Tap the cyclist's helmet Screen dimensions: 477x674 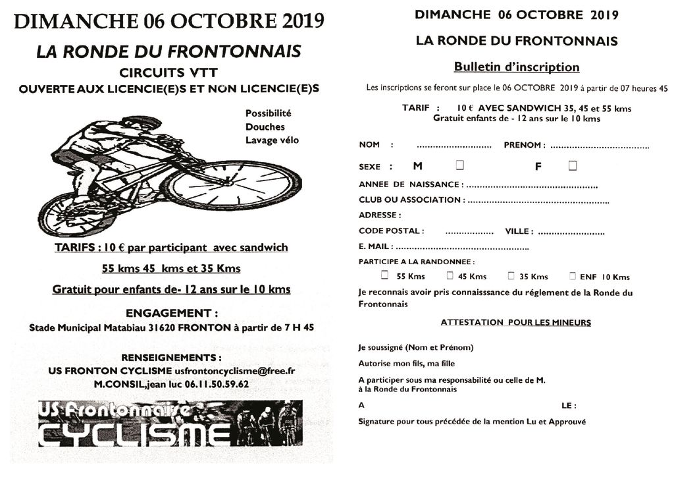[x=142, y=122]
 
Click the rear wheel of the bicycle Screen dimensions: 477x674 [x=68, y=214]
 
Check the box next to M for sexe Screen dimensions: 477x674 [x=459, y=165]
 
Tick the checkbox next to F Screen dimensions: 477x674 [x=573, y=165]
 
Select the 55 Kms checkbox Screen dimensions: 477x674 [x=384, y=276]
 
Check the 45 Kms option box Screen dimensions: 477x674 [x=450, y=276]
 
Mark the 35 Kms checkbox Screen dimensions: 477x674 [x=511, y=276]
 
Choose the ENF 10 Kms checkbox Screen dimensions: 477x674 [x=573, y=276]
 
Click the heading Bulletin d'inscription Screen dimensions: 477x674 [x=517, y=67]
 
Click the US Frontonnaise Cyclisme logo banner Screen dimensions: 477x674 [x=170, y=423]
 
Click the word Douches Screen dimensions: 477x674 [x=265, y=126]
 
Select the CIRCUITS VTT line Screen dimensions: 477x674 [x=168, y=73]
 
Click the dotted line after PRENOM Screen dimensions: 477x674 [x=600, y=146]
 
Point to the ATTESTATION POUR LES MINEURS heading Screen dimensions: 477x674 [x=515, y=323]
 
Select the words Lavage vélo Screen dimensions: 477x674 [x=272, y=140]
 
